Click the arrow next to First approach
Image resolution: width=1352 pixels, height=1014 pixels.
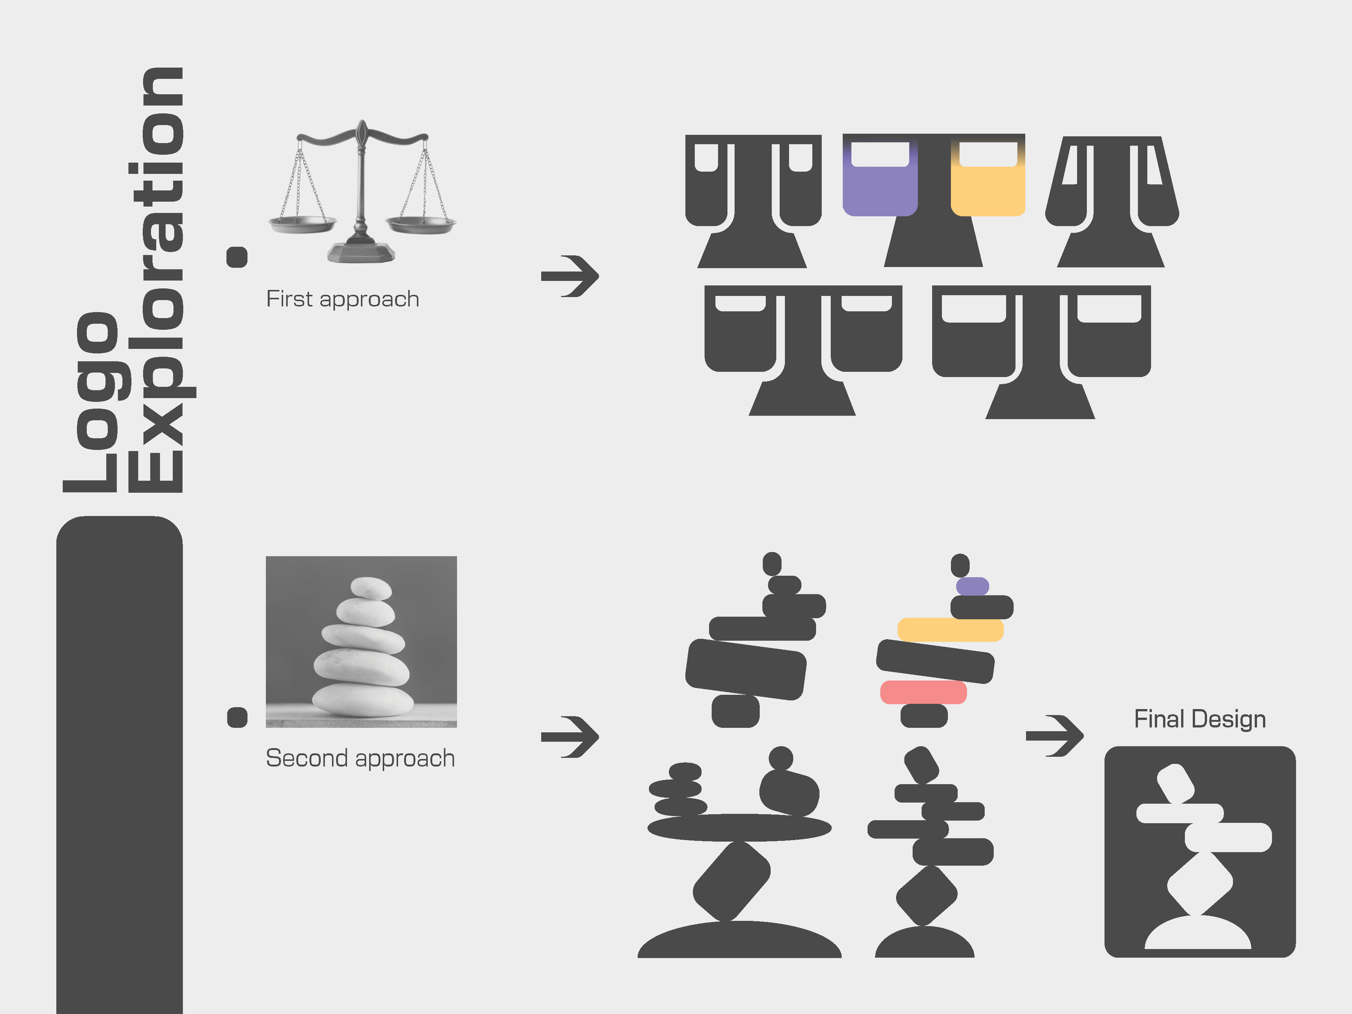coord(570,276)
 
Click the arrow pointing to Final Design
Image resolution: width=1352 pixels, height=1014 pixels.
coord(1054,735)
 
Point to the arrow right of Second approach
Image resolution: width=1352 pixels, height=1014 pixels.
coord(570,736)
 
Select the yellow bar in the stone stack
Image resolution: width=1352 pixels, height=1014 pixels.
coord(951,629)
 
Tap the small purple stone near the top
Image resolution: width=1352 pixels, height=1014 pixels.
coord(972,586)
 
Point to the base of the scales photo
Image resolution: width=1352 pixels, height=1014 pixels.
coord(361,251)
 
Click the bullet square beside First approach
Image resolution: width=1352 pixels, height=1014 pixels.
coord(237,257)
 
